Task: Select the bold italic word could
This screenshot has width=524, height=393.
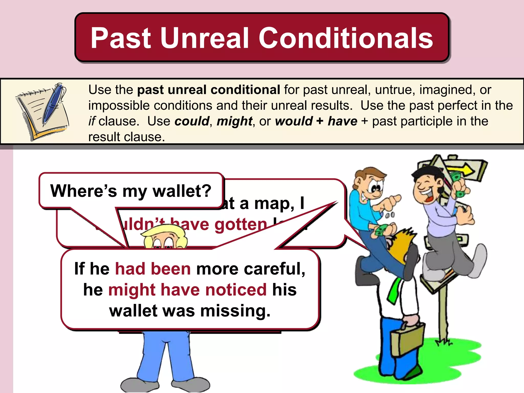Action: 192,121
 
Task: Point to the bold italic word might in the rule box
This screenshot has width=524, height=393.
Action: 234,121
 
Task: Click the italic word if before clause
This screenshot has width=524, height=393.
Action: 92,121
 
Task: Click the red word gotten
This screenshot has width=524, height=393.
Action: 241,224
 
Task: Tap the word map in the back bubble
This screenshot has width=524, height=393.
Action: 274,203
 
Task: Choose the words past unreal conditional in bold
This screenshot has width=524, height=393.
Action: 209,90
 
